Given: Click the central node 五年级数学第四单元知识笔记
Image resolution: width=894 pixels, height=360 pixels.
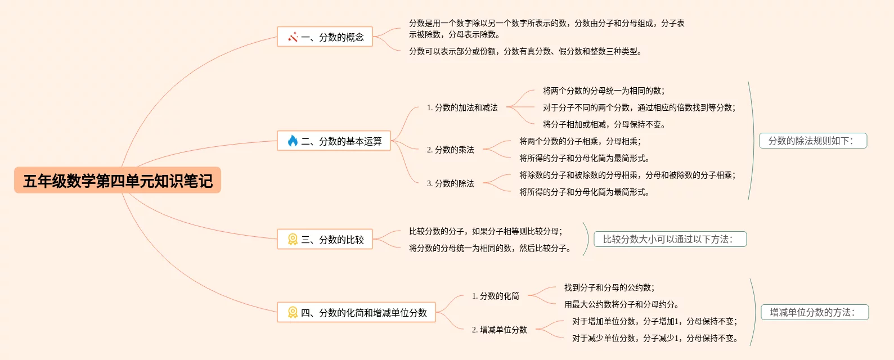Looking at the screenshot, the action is point(118,181).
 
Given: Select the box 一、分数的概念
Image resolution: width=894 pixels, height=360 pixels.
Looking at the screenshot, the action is point(325,37).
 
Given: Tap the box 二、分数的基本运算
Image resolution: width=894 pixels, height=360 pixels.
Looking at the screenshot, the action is point(334,141).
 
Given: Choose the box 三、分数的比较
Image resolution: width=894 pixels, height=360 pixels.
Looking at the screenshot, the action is point(325,240).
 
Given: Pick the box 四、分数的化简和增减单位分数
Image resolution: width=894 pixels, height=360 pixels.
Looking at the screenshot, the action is point(356,313).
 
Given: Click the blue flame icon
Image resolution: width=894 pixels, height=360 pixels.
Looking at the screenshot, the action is point(293,141).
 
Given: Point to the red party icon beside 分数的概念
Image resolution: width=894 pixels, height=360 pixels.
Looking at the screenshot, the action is point(293,37).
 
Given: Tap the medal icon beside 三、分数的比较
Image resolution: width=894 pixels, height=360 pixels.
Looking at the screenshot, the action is point(293,240).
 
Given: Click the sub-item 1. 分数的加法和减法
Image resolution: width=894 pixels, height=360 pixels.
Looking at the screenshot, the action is point(462,107).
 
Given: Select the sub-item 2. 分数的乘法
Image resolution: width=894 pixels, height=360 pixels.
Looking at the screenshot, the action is point(450,150).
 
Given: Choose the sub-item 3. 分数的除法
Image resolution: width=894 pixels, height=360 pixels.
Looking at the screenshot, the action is point(450,183).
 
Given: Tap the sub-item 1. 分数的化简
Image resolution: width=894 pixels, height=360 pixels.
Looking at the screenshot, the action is point(495,296).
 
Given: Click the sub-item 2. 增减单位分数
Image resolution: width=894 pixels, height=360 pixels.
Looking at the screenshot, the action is point(499,330).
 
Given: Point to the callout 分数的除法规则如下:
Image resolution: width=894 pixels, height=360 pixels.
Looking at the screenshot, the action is point(813,141).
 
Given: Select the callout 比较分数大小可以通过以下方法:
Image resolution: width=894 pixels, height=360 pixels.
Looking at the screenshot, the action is point(670,239).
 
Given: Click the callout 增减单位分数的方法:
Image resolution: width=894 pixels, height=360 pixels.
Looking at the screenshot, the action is point(815,312).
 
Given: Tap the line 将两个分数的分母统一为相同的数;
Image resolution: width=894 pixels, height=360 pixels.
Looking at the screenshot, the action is point(603,91).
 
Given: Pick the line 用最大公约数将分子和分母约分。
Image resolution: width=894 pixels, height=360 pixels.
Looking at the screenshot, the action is point(621,304).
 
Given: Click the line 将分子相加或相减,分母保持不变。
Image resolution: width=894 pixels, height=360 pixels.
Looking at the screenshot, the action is point(604,124).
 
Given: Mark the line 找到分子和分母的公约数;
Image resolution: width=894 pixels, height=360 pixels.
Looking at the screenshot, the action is point(609,287).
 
